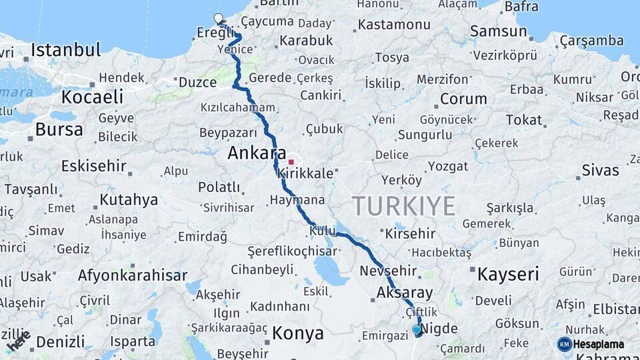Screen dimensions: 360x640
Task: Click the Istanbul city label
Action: [66, 50]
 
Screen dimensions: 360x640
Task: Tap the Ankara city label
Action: [257, 153]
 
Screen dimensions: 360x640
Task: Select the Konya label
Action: [297, 333]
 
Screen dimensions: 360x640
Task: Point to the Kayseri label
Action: [508, 273]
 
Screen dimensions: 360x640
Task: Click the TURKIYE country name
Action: [404, 205]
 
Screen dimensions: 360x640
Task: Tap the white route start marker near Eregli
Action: [217, 19]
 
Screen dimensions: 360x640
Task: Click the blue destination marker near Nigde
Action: [417, 329]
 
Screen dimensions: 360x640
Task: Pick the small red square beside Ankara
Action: [291, 161]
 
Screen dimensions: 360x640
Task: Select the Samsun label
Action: [498, 31]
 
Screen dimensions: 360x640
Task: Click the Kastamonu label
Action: [394, 25]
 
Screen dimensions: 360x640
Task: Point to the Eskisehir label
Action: [93, 165]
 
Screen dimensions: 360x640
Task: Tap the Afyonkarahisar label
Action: [133, 275]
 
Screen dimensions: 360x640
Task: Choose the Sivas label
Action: [600, 170]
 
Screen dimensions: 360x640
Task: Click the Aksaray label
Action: [405, 292]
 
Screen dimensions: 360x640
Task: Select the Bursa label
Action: [59, 129]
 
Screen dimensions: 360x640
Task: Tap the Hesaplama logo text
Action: [599, 345]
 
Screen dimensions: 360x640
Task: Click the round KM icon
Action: [565, 344]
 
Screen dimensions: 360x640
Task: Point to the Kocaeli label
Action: [92, 97]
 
